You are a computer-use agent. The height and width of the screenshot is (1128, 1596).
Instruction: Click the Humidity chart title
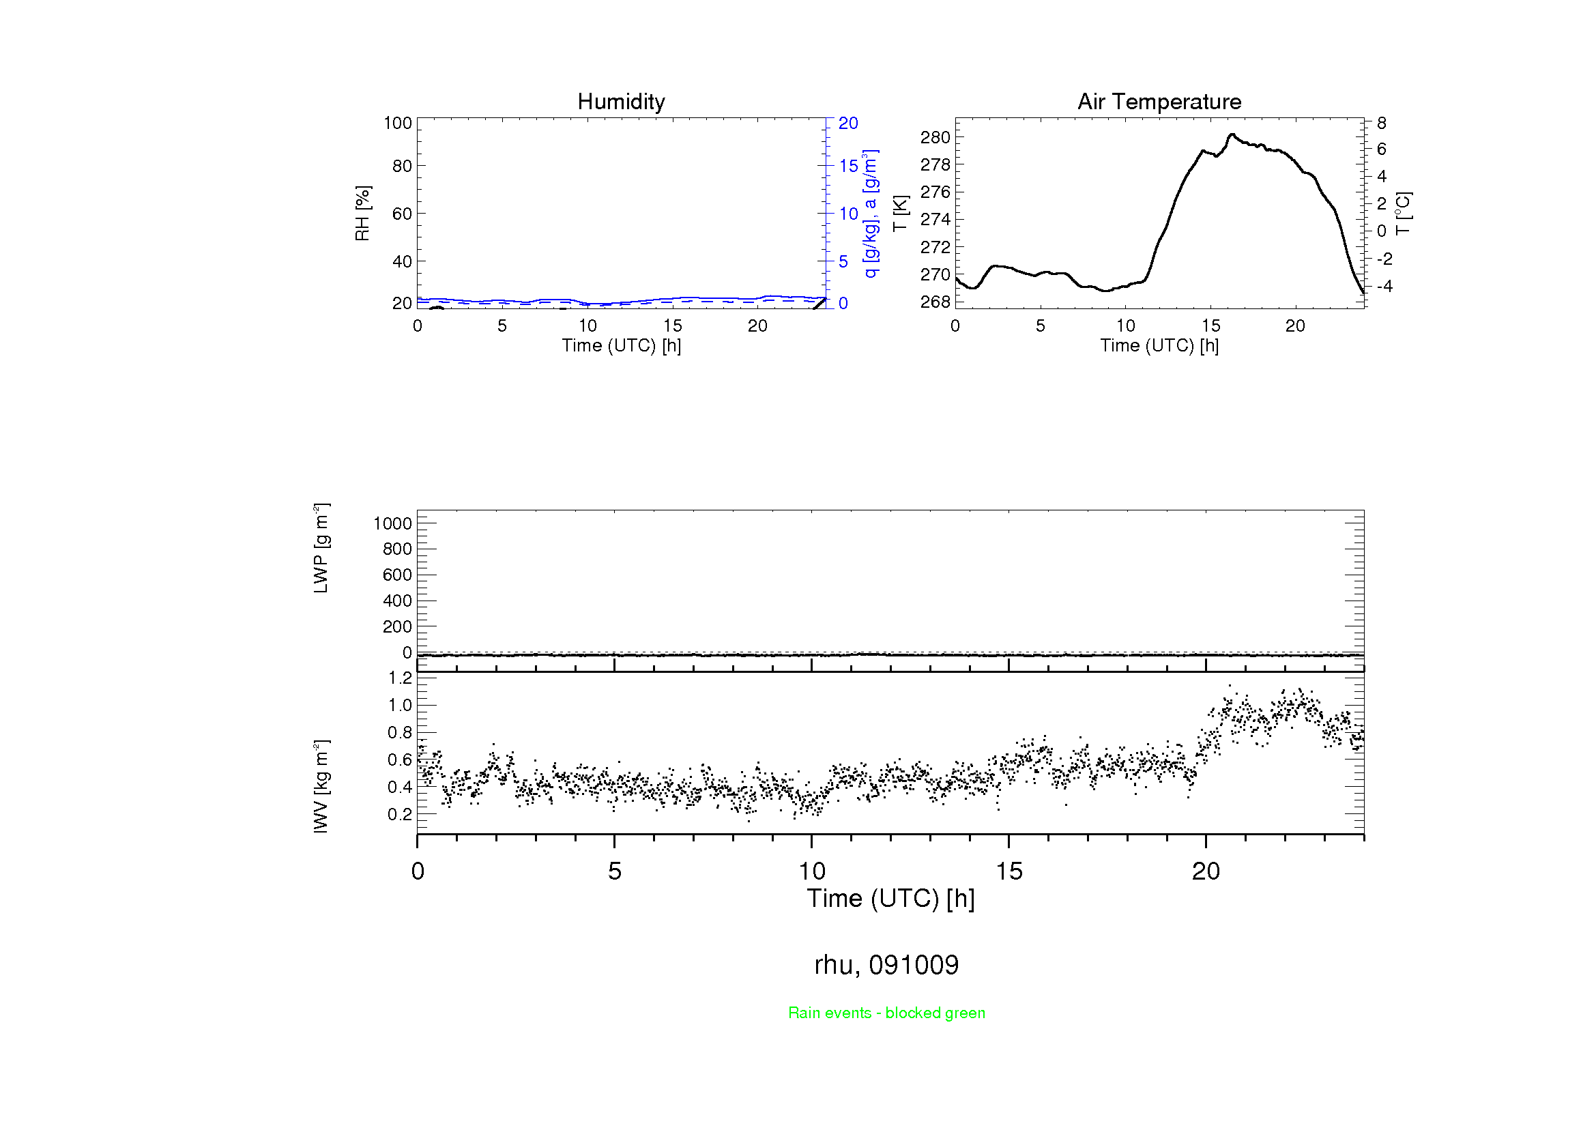tap(621, 102)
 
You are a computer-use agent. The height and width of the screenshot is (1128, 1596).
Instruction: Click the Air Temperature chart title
tap(1159, 102)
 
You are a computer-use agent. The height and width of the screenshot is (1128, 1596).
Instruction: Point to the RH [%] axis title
tap(362, 214)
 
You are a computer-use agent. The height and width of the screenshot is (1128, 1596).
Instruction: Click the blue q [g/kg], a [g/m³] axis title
tap(870, 214)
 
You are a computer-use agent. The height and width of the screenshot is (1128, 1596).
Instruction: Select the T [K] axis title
tap(900, 214)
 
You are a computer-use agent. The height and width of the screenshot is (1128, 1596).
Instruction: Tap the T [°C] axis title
tap(1403, 214)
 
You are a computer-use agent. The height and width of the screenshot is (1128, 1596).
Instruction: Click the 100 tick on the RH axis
tap(398, 123)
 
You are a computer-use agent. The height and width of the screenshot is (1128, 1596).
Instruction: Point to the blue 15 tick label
tap(848, 166)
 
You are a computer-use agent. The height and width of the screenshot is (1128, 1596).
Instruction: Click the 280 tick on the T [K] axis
tap(935, 137)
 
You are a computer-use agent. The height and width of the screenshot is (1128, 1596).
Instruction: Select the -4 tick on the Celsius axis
tap(1384, 286)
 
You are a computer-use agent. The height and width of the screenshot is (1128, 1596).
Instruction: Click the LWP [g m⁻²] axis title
tap(321, 548)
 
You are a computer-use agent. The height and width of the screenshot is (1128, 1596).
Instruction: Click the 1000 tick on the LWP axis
tap(393, 523)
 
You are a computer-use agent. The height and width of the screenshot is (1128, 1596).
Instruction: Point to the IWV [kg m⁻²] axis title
tap(321, 786)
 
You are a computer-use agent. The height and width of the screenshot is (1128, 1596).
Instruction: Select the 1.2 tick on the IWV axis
tap(400, 678)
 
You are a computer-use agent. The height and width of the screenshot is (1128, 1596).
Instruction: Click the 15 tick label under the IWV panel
tap(1009, 871)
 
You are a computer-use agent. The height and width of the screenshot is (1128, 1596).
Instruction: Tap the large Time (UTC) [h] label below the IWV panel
tap(890, 899)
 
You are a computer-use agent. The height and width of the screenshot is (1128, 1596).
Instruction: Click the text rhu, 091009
tap(886, 965)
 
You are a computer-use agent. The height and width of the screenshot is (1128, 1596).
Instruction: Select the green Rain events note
tap(886, 1013)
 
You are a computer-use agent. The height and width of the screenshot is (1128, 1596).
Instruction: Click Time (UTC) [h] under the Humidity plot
tap(621, 345)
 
